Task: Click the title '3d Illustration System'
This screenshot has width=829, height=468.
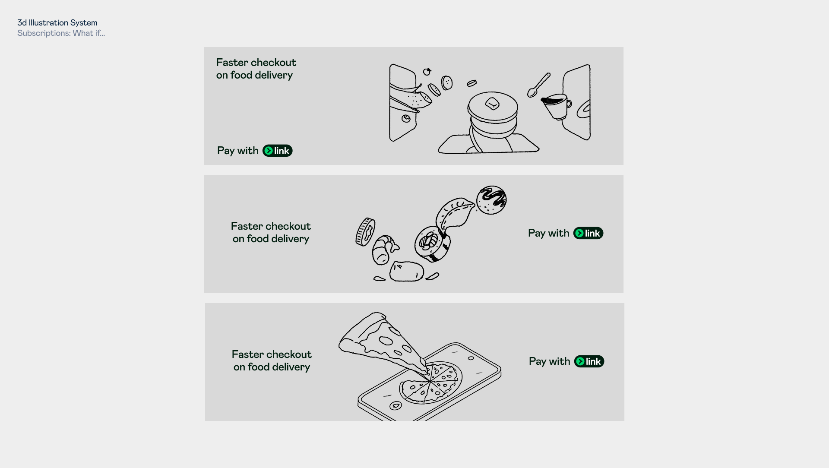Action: [57, 22]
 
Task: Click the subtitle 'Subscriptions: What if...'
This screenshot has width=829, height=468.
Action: [61, 33]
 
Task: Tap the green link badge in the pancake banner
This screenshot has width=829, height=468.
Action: [278, 151]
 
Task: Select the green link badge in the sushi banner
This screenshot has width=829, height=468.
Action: [588, 233]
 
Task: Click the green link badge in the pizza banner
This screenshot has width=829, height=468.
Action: [589, 361]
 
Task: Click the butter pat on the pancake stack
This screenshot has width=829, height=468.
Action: [492, 104]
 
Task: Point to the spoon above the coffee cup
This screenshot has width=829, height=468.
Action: [538, 85]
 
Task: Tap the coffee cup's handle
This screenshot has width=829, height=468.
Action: [569, 104]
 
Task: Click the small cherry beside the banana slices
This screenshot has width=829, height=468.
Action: [427, 72]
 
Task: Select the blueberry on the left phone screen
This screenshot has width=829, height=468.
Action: [406, 118]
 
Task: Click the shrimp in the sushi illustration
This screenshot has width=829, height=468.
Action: [384, 250]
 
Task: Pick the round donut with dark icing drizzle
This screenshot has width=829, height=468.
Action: [491, 200]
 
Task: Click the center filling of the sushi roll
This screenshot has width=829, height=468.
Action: [428, 241]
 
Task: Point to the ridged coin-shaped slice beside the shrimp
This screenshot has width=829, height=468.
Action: [365, 232]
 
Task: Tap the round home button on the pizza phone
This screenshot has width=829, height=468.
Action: [396, 405]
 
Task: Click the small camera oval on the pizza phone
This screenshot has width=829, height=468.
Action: [471, 358]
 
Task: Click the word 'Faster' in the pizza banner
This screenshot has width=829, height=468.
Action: [247, 354]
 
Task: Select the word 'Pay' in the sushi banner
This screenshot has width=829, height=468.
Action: [537, 234]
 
